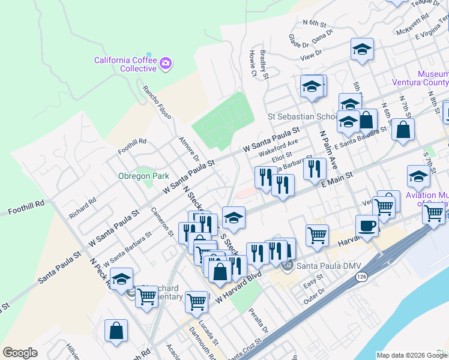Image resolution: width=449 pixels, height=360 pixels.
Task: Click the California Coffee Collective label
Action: coord(125,64)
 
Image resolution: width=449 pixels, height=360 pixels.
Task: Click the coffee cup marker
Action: coord(367,226)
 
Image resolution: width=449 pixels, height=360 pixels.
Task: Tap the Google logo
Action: coord(20,353)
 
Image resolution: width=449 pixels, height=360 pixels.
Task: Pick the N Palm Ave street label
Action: coord(328,150)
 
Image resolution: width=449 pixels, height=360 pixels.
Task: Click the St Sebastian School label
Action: coord(303,116)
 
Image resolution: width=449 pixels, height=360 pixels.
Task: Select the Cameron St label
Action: coord(162,221)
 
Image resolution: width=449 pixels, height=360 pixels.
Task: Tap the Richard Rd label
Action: coord(82,209)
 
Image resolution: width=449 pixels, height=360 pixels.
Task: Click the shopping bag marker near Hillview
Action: coord(116,331)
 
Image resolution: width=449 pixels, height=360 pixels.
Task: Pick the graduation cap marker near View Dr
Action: coord(362,50)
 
